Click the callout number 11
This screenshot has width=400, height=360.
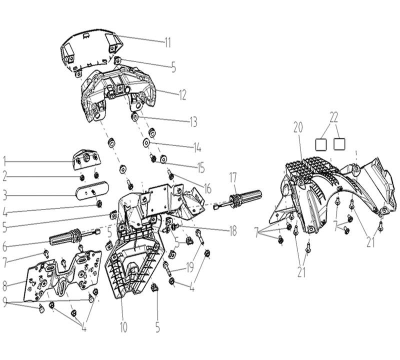coord(167,42)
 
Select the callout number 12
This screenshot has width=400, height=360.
coord(182,95)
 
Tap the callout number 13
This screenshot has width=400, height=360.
coord(193,122)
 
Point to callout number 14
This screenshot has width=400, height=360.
coord(197,147)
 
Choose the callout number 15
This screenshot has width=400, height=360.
coord(201,167)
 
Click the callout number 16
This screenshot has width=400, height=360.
coord(207,188)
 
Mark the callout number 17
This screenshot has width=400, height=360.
coord(233,177)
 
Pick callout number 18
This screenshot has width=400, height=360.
coord(233,231)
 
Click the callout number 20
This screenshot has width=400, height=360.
coord(298,127)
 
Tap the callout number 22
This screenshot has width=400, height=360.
coord(333,117)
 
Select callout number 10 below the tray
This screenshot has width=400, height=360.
coord(123,327)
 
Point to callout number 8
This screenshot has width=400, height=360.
coord(4,286)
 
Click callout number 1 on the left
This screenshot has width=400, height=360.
coord(4,161)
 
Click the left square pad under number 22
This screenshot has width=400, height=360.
coord(321,144)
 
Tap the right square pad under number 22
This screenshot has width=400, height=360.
coord(339,144)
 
